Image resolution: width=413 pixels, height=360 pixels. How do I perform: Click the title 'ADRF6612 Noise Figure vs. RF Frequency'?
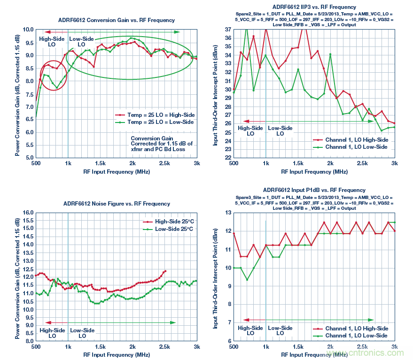[117, 204]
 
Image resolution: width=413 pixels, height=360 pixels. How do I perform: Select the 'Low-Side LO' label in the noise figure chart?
[82, 333]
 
